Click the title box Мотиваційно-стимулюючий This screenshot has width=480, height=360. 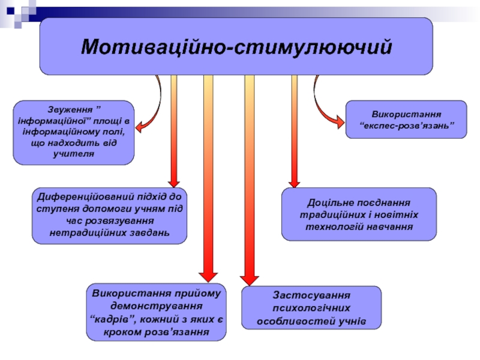[236, 46]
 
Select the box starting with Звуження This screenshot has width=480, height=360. [74, 133]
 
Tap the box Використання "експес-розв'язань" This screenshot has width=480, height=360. [406, 119]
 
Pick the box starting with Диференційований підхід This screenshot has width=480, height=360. [109, 215]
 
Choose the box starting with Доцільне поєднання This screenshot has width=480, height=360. [359, 214]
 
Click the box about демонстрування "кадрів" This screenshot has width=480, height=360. [156, 312]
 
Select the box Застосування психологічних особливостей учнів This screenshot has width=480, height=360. [311, 308]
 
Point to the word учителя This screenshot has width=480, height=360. [74, 154]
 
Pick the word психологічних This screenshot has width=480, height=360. [311, 308]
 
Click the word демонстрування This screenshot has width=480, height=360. [156, 305]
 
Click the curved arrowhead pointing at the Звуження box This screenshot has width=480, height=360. [139, 126]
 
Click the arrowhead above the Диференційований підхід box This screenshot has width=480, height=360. [174, 181]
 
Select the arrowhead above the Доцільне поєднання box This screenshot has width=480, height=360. [294, 181]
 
